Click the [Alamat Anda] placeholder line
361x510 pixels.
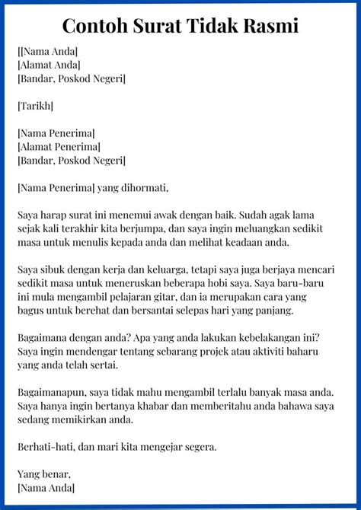[50, 64]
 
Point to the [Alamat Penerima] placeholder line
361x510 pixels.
[59, 146]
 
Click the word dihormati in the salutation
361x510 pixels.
[142, 187]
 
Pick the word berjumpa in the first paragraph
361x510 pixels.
[156, 228]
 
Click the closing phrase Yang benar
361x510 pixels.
[43, 475]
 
